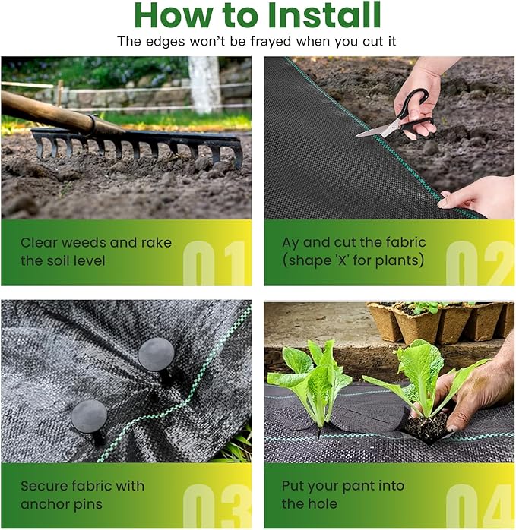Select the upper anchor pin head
tap(156, 355)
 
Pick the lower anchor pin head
tap(89, 416)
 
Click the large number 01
tap(215, 263)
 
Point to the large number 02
tap(480, 263)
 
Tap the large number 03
tap(217, 506)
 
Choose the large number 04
tap(480, 506)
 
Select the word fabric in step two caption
tap(405, 242)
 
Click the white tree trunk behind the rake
tap(204, 84)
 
